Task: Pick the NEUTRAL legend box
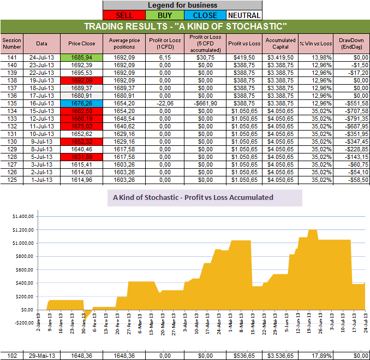point(243,15)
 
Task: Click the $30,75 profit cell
point(201,57)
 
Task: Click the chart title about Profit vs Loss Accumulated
point(205,198)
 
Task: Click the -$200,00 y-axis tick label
point(21,323)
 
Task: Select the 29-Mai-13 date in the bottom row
point(42,355)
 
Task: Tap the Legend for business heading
point(183,5)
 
